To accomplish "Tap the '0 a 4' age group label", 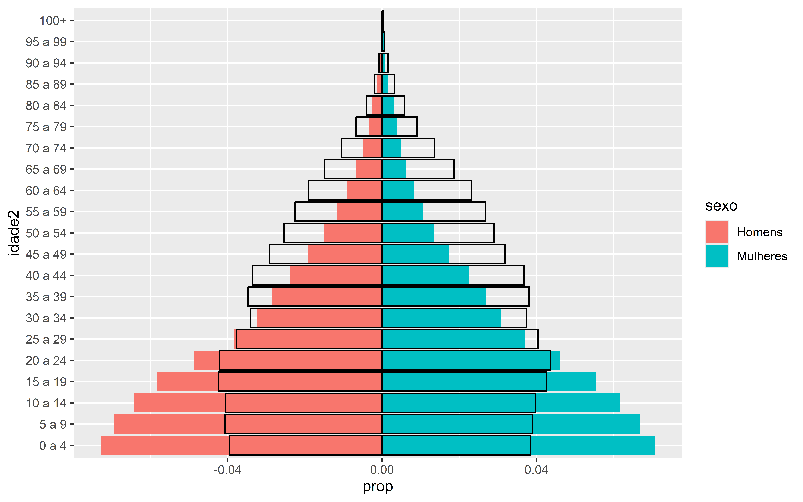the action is point(53,446).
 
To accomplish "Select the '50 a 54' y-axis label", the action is point(46,233).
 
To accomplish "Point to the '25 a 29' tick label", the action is point(46,339).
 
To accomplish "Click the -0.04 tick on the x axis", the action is point(227,470).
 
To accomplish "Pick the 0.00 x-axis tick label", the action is point(382,470).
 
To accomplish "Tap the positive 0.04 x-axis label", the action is point(536,470).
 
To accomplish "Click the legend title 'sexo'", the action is point(721,206).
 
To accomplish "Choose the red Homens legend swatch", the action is point(717,232).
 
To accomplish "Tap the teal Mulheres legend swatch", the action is point(717,256).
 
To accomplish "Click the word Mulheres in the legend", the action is point(762,256).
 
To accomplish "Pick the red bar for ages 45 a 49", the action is point(345,254).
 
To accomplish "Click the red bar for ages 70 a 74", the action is point(372,148).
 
